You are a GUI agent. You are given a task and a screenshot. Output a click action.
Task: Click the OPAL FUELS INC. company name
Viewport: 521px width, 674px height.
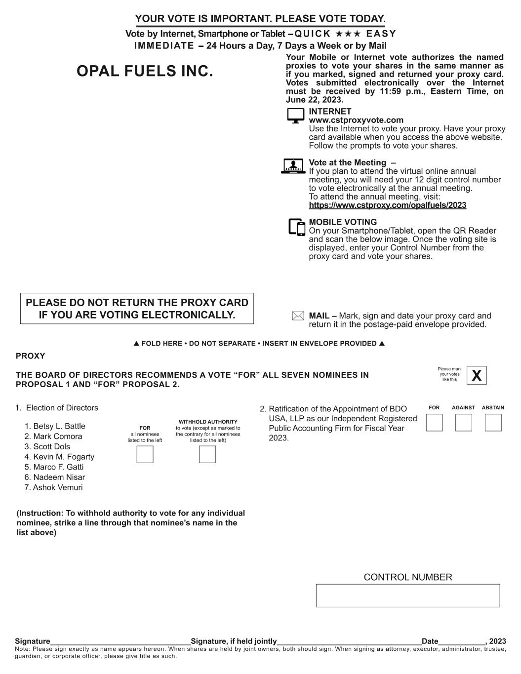(145, 72)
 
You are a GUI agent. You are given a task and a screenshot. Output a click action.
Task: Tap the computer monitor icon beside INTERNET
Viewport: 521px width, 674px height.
(295, 116)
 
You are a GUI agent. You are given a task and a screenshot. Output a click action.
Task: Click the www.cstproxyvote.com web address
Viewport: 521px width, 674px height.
(356, 120)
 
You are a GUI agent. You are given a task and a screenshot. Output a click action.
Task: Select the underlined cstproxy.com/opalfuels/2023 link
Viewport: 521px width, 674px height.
(387, 205)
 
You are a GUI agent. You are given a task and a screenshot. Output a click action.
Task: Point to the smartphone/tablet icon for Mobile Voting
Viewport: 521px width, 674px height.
(297, 227)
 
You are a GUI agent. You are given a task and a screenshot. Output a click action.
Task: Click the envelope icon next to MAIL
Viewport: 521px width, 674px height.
(298, 316)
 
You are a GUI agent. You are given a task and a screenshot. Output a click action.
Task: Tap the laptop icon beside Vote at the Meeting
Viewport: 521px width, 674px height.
(292, 166)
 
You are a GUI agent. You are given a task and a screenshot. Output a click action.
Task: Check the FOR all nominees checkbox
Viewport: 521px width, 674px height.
(145, 454)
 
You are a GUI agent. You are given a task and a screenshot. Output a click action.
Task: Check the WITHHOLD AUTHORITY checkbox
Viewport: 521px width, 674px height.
(207, 454)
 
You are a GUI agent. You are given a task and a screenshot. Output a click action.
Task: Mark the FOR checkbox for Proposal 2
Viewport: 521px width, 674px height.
(434, 423)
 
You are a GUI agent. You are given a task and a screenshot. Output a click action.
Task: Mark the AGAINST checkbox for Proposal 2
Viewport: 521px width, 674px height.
(463, 423)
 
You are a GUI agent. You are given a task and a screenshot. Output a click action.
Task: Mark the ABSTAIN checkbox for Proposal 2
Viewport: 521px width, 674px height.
(493, 423)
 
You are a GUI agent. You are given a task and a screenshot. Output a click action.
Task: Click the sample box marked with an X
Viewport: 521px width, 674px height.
(477, 375)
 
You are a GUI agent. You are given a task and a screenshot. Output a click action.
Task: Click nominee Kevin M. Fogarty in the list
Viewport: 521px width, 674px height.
(63, 457)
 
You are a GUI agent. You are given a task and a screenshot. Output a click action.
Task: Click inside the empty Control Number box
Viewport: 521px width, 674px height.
(408, 595)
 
